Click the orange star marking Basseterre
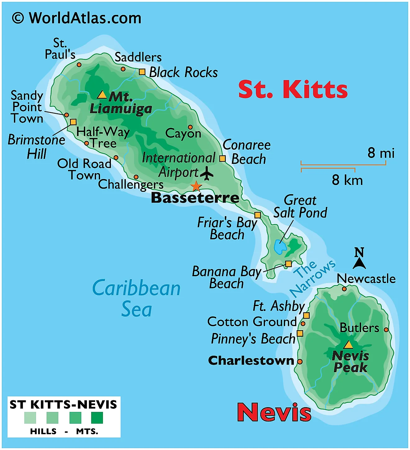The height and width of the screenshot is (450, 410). pyautogui.click(x=196, y=187)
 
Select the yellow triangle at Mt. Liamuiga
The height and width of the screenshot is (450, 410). pyautogui.click(x=102, y=95)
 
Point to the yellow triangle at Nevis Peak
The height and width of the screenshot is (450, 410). pyautogui.click(x=348, y=345)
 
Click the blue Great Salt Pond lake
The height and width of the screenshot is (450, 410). pyautogui.click(x=280, y=247)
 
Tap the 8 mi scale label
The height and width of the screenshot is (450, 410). pyautogui.click(x=381, y=153)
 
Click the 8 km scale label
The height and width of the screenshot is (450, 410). pyautogui.click(x=347, y=180)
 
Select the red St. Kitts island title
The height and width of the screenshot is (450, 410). pyautogui.click(x=293, y=89)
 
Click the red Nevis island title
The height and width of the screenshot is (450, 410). pyautogui.click(x=274, y=412)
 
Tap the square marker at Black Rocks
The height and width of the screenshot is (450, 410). pyautogui.click(x=142, y=72)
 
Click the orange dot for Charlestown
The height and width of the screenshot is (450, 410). pyautogui.click(x=300, y=362)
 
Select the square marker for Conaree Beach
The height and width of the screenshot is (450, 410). pyautogui.click(x=222, y=159)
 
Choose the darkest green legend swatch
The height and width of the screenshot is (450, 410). pyautogui.click(x=97, y=418)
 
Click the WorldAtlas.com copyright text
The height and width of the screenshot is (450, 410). pyautogui.click(x=77, y=18)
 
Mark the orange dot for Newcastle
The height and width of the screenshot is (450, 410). pyautogui.click(x=344, y=289)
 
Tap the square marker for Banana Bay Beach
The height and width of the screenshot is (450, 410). pyautogui.click(x=289, y=264)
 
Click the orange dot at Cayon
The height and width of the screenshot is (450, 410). pyautogui.click(x=190, y=127)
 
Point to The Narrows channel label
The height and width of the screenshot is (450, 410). pyautogui.click(x=312, y=278)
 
